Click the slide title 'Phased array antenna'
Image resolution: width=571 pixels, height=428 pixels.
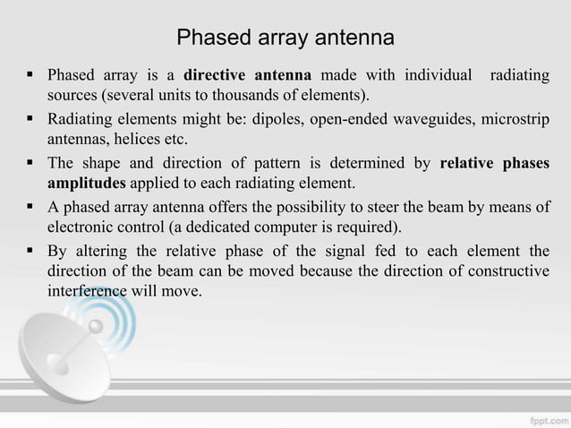pyautogui.click(x=285, y=39)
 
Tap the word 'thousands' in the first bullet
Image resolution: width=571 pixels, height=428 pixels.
pyautogui.click(x=234, y=95)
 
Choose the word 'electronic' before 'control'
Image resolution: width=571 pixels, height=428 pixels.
pyautogui.click(x=79, y=227)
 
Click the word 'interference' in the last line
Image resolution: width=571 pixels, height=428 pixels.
pyautogui.click(x=86, y=292)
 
